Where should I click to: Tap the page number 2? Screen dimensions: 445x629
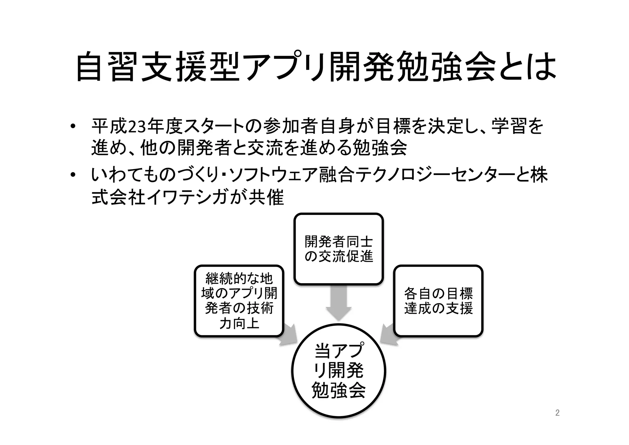pyautogui.click(x=557, y=413)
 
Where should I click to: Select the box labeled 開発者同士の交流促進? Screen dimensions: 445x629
pyautogui.click(x=338, y=249)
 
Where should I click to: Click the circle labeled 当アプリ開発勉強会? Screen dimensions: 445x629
pyautogui.click(x=338, y=371)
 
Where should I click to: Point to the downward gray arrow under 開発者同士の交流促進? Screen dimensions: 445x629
pyautogui.click(x=338, y=303)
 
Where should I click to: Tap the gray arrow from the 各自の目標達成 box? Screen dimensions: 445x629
pyautogui.click(x=389, y=335)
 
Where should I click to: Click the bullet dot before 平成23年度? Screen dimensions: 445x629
pyautogui.click(x=72, y=127)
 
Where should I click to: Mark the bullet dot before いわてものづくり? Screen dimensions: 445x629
pyautogui.click(x=72, y=175)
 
